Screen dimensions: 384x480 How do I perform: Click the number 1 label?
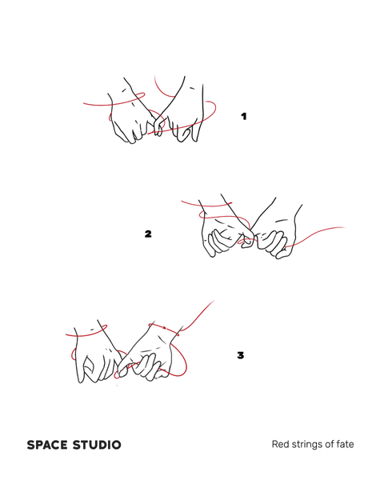[244, 116]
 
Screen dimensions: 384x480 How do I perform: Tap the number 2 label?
[148, 234]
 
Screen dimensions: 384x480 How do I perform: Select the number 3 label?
[240, 355]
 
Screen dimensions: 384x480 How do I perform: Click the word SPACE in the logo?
[47, 445]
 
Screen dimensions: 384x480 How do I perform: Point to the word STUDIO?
[97, 445]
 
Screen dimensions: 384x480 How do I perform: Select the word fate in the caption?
[346, 444]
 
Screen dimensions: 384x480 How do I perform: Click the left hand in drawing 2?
[223, 233]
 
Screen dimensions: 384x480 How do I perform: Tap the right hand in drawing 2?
[275, 236]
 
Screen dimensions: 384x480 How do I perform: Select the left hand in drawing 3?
[97, 358]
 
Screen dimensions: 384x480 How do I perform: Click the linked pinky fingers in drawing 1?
[158, 125]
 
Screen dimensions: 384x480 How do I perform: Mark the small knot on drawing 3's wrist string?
[165, 328]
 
